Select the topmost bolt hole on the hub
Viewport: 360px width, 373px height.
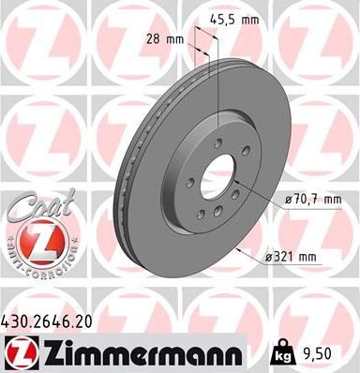coord(217,142)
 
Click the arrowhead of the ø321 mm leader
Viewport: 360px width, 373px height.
coord(241,251)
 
